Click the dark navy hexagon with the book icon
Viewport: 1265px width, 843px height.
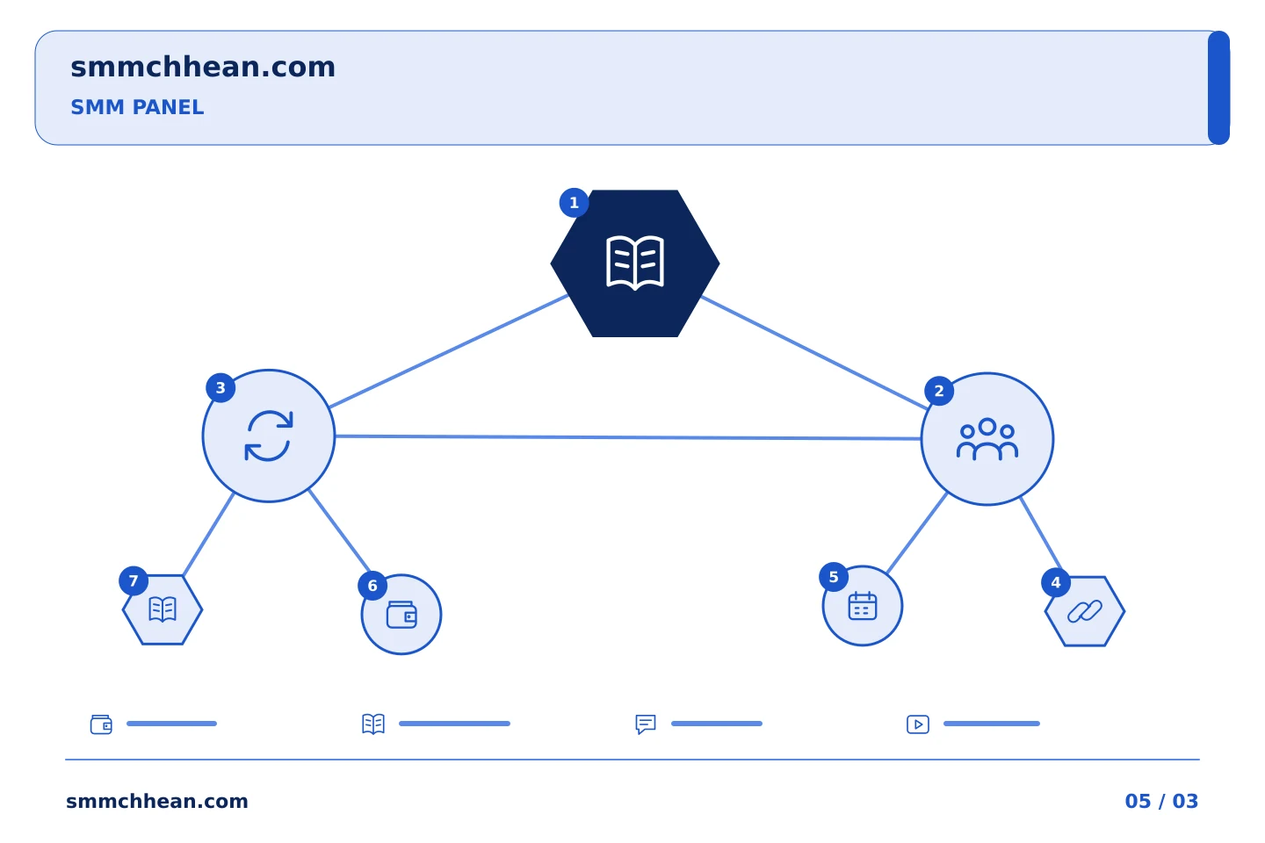pos(635,263)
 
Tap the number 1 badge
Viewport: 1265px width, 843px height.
pos(574,203)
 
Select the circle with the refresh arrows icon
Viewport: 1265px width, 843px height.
pos(269,436)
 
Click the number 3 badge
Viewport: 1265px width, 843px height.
pos(220,388)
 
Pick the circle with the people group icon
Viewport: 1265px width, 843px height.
pos(987,439)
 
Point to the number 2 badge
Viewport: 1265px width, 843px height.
pos(939,391)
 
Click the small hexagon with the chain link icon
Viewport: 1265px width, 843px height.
pos(1085,611)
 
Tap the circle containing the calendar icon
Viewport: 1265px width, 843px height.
pos(863,606)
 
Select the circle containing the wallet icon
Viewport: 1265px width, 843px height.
pos(401,615)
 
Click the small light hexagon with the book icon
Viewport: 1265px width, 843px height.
pos(163,609)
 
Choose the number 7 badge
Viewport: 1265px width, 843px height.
pos(134,581)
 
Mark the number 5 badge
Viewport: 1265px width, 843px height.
pos(834,577)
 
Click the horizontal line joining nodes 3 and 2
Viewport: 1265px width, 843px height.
pos(628,437)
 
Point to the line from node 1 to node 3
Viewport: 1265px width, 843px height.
pos(449,350)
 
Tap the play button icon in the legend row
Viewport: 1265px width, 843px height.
pos(918,724)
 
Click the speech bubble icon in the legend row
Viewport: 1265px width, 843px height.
pos(646,724)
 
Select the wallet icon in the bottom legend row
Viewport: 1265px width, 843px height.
pos(101,724)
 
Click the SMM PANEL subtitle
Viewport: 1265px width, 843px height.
pos(137,107)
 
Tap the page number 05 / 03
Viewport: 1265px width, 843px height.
pos(1161,801)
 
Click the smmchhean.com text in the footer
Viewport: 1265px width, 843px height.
pos(157,801)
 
